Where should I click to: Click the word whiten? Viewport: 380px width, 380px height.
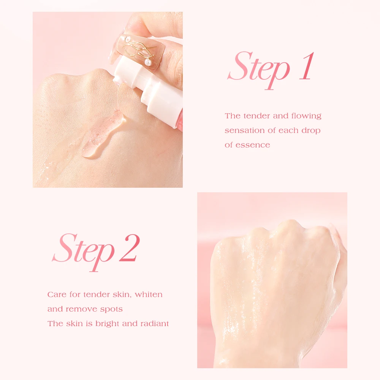click(149, 294)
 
